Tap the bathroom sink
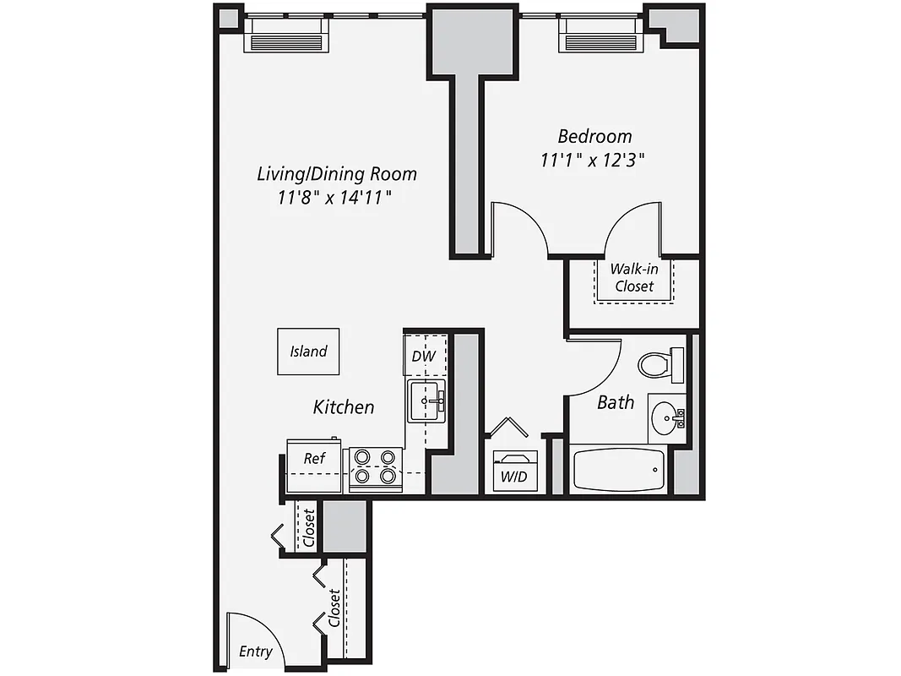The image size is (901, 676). pyautogui.click(x=668, y=417)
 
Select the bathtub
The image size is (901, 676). pyautogui.click(x=619, y=470)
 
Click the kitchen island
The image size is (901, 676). pyautogui.click(x=308, y=352)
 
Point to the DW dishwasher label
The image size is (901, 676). pyautogui.click(x=423, y=356)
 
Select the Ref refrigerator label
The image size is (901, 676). pyautogui.click(x=314, y=459)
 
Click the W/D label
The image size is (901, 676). pyautogui.click(x=513, y=477)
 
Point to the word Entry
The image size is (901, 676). pyautogui.click(x=255, y=651)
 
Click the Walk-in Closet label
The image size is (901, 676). pyautogui.click(x=634, y=277)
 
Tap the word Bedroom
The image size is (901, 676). pyautogui.click(x=594, y=135)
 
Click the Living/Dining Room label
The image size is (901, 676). pyautogui.click(x=337, y=174)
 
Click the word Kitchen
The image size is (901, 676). pyautogui.click(x=344, y=406)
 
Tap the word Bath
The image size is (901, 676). pyautogui.click(x=616, y=402)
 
